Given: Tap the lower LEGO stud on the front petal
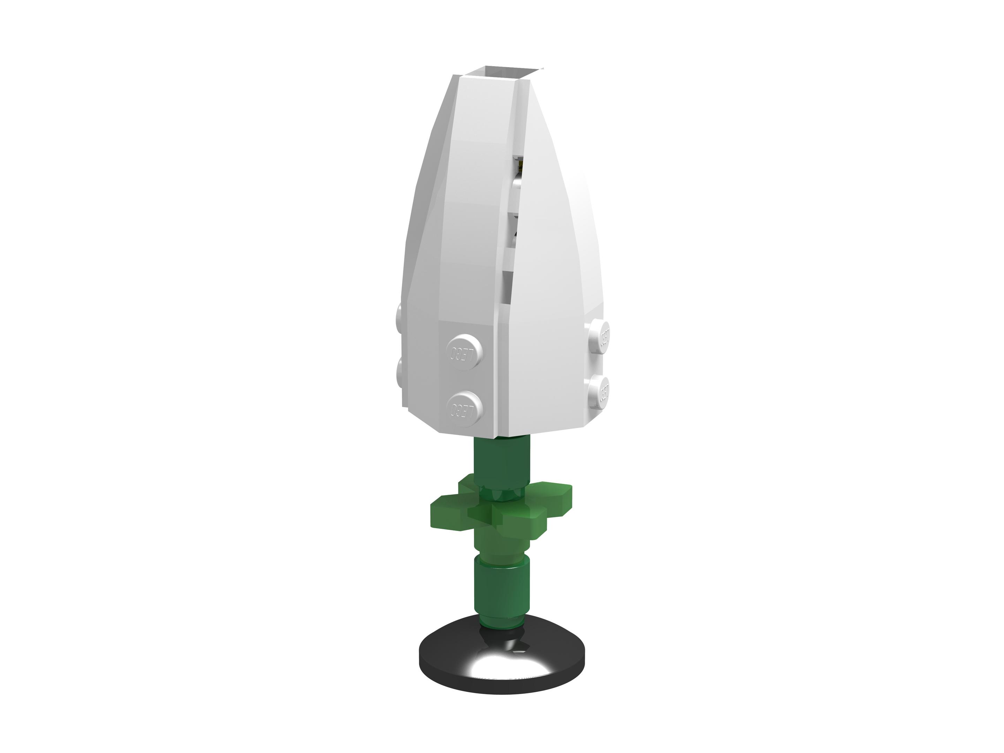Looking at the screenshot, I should (464, 409).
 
